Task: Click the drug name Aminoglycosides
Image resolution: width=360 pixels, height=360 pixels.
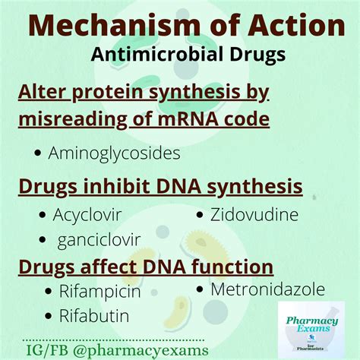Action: pos(114,153)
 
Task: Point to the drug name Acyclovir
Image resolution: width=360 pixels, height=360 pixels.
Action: pos(87,214)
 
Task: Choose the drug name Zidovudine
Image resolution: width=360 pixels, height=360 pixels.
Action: pos(254,214)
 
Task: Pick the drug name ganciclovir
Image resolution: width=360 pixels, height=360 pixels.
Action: pos(99,240)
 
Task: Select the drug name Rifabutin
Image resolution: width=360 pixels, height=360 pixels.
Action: pos(95,315)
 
